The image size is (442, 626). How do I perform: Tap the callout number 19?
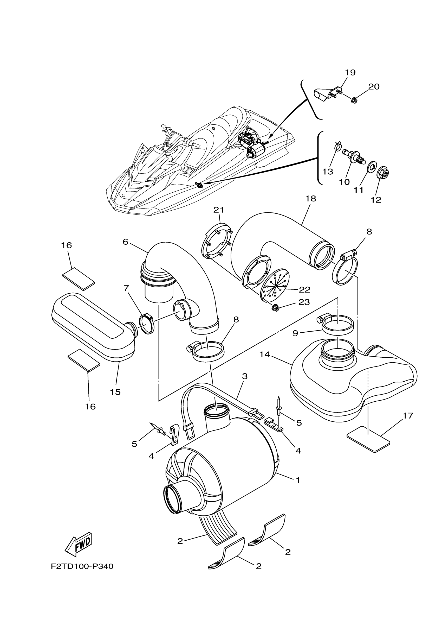click(350, 73)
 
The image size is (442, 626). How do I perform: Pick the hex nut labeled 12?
click(383, 172)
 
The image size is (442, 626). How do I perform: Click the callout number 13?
click(328, 172)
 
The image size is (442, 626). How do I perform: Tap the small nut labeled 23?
click(276, 308)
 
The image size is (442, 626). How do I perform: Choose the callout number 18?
click(311, 199)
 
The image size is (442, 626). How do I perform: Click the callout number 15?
click(115, 392)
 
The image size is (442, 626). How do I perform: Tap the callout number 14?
click(264, 355)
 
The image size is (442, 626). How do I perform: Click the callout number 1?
click(298, 480)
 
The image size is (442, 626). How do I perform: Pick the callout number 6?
click(125, 242)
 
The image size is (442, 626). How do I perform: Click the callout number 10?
click(344, 182)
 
